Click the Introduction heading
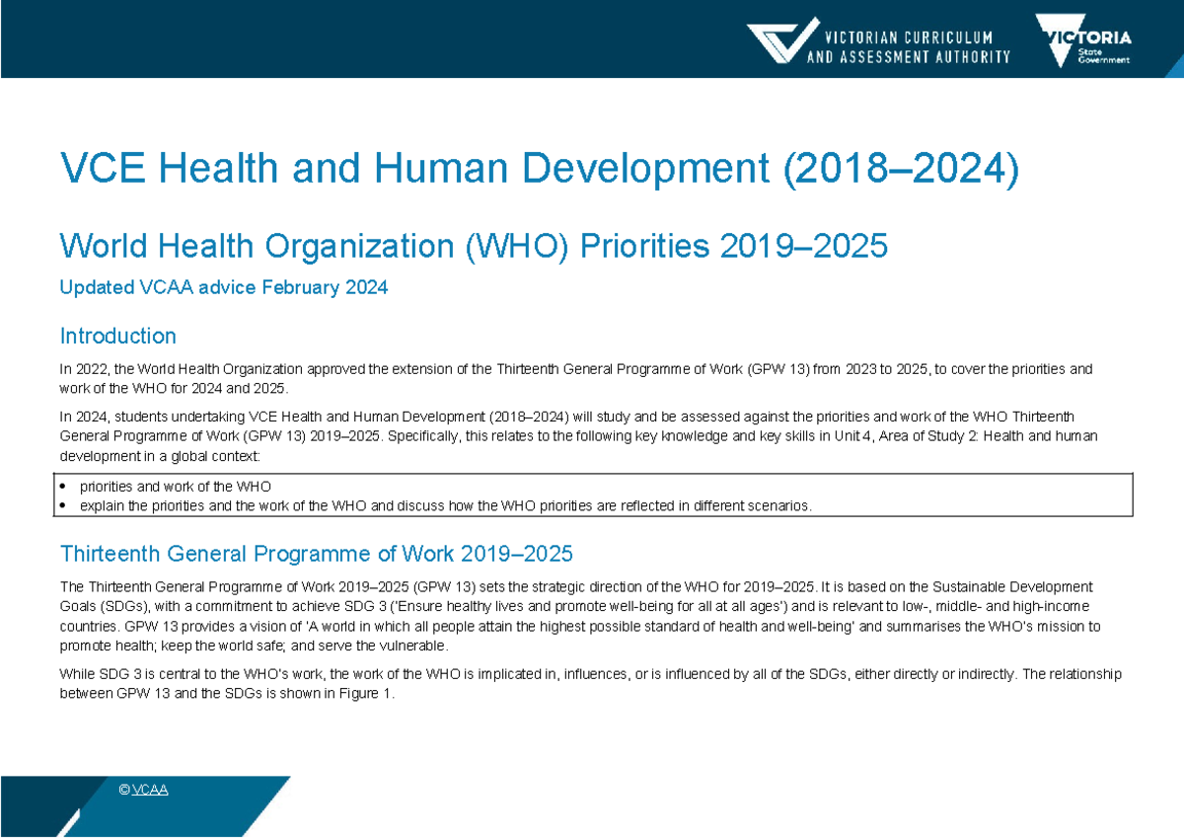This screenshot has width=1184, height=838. (x=118, y=336)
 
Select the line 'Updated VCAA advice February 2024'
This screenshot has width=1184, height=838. (x=224, y=288)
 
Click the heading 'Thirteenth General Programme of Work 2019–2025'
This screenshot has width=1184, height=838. (x=317, y=552)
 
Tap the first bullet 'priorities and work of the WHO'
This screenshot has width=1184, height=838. (x=176, y=487)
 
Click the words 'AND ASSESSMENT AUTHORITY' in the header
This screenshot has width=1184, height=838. (x=909, y=57)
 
